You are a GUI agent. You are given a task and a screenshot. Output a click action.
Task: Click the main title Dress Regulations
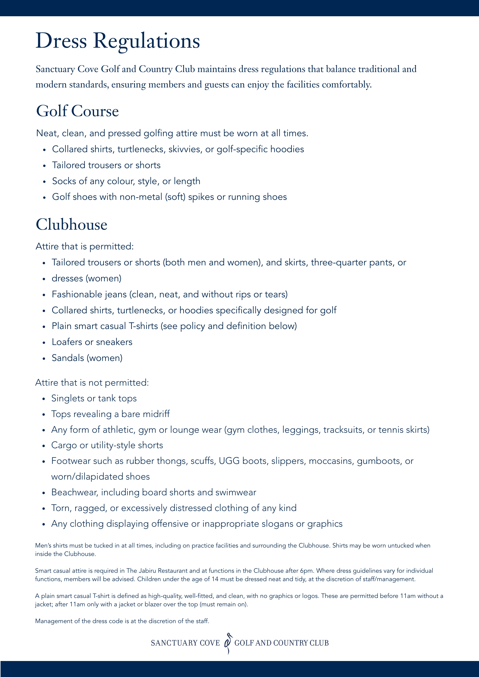[118, 41]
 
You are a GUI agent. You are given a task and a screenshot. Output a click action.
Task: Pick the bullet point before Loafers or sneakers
[44, 343]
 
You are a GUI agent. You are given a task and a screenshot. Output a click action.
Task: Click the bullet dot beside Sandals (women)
[44, 359]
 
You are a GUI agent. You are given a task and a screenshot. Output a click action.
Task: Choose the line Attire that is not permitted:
[92, 383]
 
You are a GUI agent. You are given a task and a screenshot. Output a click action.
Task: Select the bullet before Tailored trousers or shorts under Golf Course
[44, 166]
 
